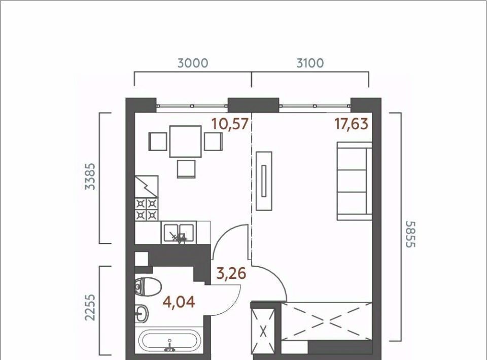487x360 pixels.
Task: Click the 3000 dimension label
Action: [193, 63]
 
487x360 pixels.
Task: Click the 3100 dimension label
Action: [310, 63]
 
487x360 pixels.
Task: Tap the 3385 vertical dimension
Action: [91, 176]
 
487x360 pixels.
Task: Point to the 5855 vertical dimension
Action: [410, 234]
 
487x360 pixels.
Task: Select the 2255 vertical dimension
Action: [90, 307]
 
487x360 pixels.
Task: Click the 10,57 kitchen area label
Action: [230, 124]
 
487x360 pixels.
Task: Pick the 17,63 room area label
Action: [351, 124]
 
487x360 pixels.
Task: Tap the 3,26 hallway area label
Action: [231, 273]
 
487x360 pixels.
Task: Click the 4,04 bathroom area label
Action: [179, 302]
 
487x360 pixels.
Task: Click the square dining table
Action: [186, 141]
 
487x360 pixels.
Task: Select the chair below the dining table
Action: [186, 169]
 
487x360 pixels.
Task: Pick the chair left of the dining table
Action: [158, 141]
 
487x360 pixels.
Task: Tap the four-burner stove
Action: [147, 209]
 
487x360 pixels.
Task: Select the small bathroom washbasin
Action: [142, 314]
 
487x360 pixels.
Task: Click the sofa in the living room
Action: [355, 181]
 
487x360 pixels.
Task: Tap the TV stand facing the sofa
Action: [264, 181]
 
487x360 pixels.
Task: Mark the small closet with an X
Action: [263, 331]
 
